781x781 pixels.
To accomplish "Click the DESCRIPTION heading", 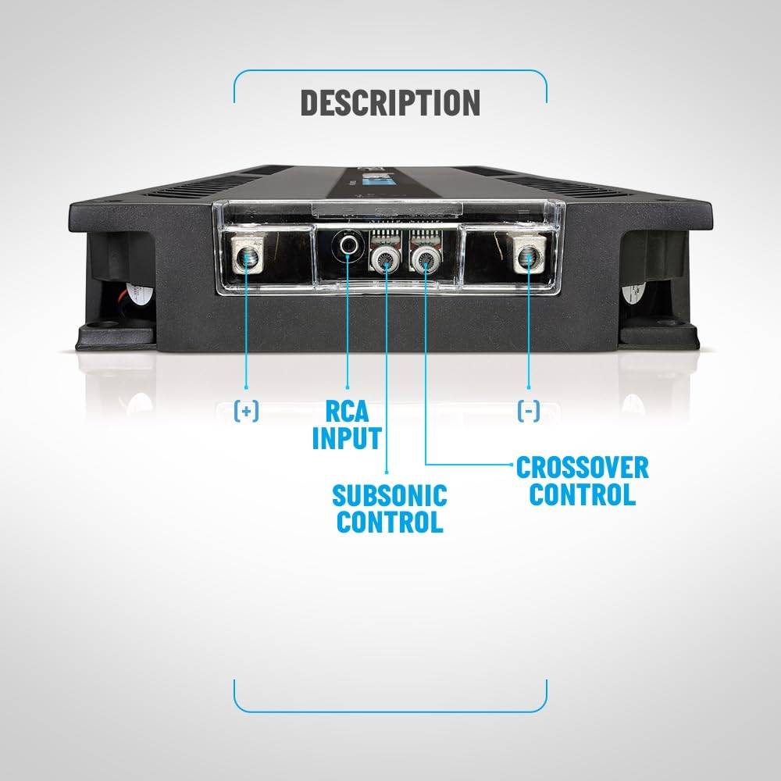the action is pyautogui.click(x=390, y=102).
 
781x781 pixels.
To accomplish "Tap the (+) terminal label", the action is pyautogui.click(x=246, y=411).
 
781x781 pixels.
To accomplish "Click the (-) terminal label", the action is pyautogui.click(x=529, y=411).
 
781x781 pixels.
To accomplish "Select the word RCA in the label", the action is pyautogui.click(x=347, y=411).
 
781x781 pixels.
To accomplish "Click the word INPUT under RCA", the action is pyautogui.click(x=347, y=438).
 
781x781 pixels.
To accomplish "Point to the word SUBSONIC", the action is pyautogui.click(x=390, y=496).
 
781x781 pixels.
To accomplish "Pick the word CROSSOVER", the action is pyautogui.click(x=583, y=468).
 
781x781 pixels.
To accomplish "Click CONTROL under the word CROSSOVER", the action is pyautogui.click(x=583, y=494).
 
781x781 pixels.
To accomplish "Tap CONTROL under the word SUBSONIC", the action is pyautogui.click(x=390, y=522).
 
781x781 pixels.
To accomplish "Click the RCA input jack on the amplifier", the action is pyautogui.click(x=348, y=245).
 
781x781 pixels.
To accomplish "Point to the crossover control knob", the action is pyautogui.click(x=426, y=259).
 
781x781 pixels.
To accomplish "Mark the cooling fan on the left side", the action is pyautogui.click(x=130, y=296).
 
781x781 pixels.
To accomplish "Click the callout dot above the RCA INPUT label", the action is pyautogui.click(x=348, y=387).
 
